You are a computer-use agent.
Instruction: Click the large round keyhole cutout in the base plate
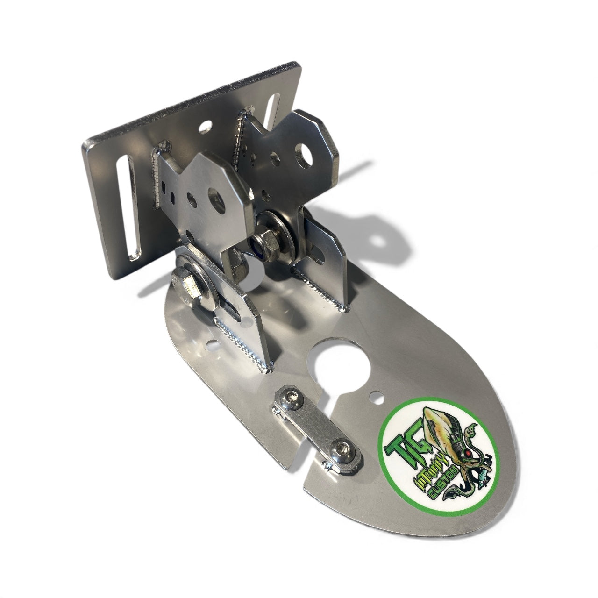coord(334,368)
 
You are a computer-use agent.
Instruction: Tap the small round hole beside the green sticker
coord(374,397)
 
